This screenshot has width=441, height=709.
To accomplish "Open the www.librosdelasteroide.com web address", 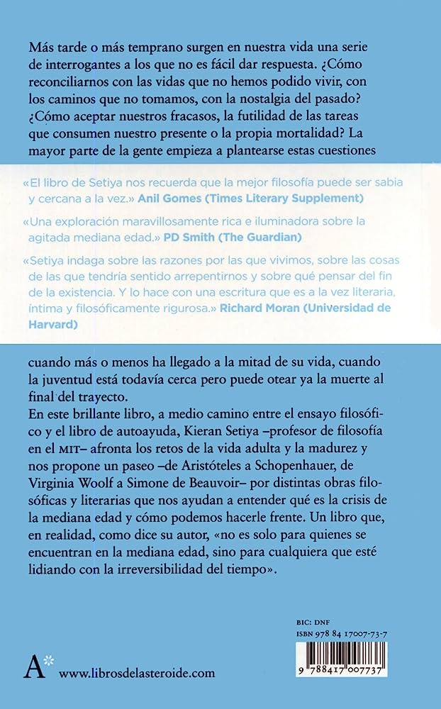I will pyautogui.click(x=137, y=672).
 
